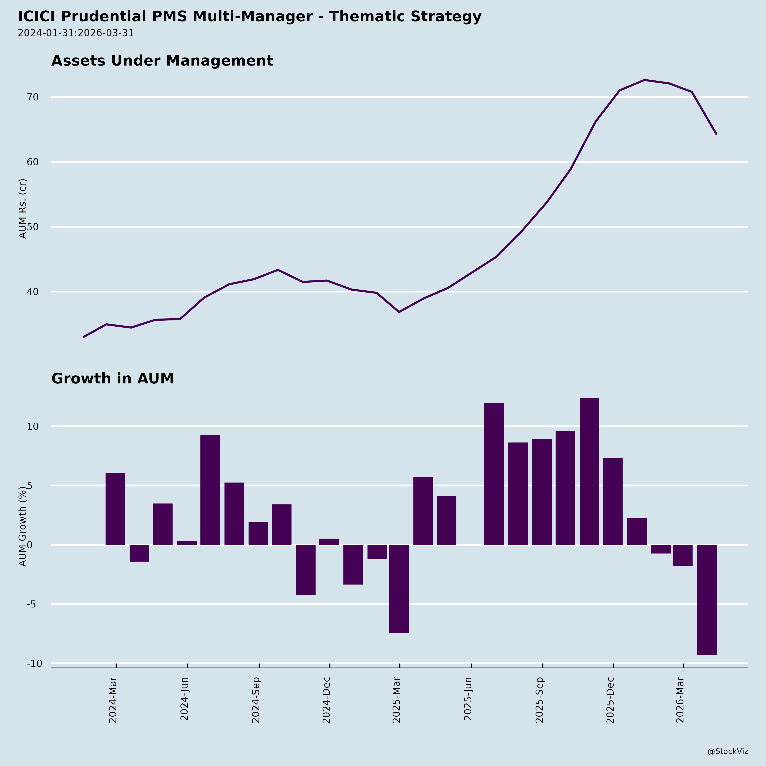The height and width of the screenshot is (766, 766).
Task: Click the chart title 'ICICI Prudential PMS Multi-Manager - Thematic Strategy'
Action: [249, 17]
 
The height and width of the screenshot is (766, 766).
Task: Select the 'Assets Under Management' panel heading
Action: [162, 61]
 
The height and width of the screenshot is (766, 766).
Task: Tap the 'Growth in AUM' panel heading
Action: [113, 379]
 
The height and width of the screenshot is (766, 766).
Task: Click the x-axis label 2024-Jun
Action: [184, 700]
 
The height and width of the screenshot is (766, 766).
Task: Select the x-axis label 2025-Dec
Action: [610, 700]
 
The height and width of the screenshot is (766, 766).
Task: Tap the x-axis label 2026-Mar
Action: [680, 700]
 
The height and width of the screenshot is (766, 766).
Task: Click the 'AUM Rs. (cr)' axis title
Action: [23, 209]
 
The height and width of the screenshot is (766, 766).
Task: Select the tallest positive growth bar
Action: [589, 471]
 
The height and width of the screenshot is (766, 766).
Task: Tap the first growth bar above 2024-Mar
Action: [115, 509]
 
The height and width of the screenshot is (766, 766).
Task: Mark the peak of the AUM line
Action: [644, 80]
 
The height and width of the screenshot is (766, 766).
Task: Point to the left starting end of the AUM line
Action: [83, 337]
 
